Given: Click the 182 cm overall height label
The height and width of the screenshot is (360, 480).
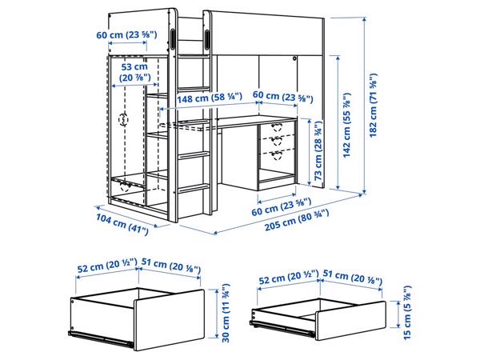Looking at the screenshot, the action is click(373, 106).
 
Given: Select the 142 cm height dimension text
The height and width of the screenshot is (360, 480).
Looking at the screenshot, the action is click(346, 125).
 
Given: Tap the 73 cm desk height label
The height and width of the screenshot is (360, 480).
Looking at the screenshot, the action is click(318, 150).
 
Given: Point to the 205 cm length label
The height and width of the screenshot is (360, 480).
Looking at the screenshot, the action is click(297, 220).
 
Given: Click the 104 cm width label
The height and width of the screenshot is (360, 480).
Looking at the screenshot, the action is click(122, 224).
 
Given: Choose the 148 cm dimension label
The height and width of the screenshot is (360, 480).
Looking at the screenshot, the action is click(210, 98).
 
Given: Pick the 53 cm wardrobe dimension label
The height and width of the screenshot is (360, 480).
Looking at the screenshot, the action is click(134, 72).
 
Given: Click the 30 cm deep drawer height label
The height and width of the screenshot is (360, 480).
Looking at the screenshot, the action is click(226, 313).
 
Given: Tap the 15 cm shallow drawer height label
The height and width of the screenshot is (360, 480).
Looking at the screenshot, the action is click(407, 312).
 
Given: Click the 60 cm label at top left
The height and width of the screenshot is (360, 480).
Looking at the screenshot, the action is click(126, 34).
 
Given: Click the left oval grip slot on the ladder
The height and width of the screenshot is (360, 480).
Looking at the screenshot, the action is click(173, 39).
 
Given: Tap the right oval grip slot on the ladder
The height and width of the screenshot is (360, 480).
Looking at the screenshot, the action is click(207, 39).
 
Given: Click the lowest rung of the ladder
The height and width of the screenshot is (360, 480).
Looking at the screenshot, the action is click(194, 188).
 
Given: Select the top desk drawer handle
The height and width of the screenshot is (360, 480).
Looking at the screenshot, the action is click(277, 126).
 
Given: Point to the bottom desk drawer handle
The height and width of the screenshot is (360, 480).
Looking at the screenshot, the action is click(277, 155).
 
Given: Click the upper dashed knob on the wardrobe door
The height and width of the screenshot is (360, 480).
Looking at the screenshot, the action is click(123, 119).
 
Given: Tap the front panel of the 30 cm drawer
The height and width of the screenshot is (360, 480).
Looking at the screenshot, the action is click(170, 319).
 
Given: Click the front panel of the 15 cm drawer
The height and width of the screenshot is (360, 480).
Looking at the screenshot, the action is click(350, 320).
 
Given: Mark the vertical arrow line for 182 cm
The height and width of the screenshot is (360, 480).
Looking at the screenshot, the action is click(364, 106).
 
